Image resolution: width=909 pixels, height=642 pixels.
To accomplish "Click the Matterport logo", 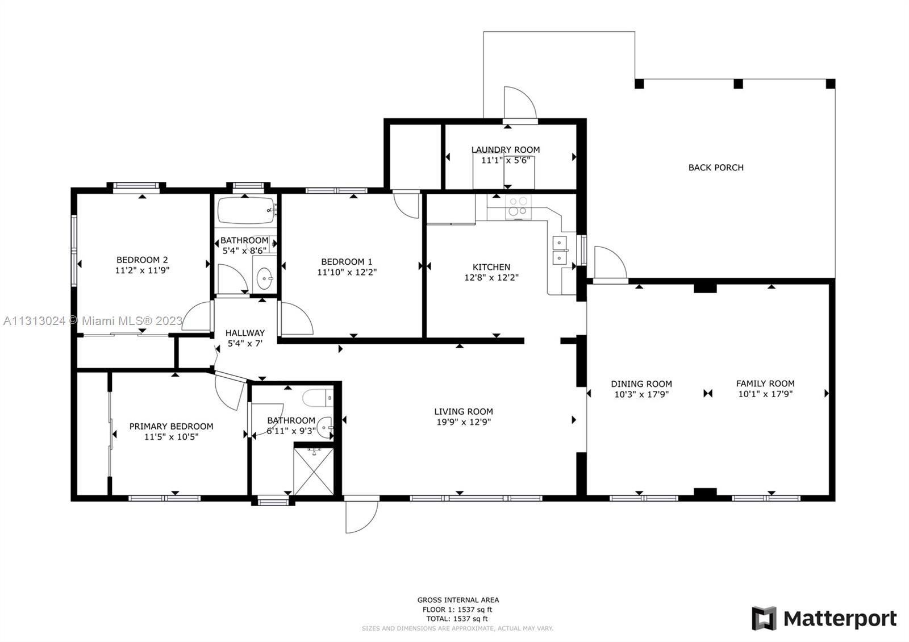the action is (x=824, y=618).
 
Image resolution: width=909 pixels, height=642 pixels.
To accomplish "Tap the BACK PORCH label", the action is (x=716, y=168).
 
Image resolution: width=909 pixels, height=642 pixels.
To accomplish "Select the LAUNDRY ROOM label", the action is (x=506, y=150).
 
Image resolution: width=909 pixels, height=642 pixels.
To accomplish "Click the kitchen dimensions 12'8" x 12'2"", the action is (x=491, y=278).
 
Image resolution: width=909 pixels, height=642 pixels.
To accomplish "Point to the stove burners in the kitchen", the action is (x=518, y=207).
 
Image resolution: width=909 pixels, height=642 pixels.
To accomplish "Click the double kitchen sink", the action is (x=560, y=251).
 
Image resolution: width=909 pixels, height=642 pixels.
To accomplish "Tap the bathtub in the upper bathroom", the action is (x=247, y=211).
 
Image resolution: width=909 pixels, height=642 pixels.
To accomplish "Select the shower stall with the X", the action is (x=313, y=472).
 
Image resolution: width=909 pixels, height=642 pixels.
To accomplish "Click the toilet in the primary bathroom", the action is (x=318, y=398).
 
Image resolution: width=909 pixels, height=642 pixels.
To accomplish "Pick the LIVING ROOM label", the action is (x=464, y=411).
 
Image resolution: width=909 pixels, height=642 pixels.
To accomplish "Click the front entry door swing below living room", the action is (x=361, y=516).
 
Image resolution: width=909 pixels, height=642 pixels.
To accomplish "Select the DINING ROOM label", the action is (x=641, y=384).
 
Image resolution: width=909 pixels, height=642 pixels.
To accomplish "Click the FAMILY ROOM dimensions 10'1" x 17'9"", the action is (x=765, y=394).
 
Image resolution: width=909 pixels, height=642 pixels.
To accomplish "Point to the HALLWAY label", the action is (x=245, y=333).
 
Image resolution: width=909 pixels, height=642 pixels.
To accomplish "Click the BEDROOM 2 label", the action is (x=142, y=260).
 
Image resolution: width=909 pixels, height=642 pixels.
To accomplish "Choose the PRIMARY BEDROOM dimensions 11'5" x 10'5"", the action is (x=171, y=437).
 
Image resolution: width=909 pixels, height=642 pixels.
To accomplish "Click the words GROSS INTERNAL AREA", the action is (x=458, y=600).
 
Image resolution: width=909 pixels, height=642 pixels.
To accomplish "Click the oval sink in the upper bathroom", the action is (x=265, y=278).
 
